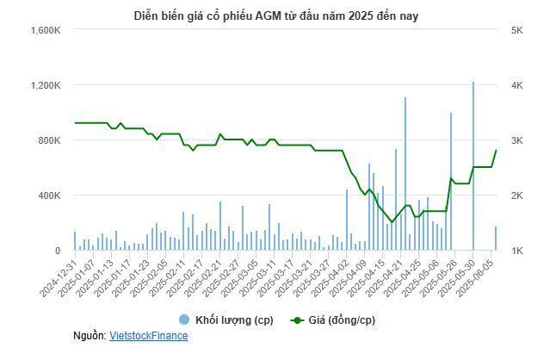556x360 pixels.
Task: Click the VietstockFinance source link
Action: pyautogui.click(x=148, y=335)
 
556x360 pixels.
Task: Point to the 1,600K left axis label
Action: pyautogui.click(x=44, y=30)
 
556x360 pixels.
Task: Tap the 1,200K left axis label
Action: pyautogui.click(x=44, y=85)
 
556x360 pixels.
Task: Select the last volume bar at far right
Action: pyautogui.click(x=495, y=239)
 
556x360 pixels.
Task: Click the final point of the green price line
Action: pyautogui.click(x=495, y=151)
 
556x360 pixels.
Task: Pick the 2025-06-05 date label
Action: pyautogui.click(x=481, y=278)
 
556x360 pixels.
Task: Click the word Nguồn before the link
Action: pyautogui.click(x=90, y=335)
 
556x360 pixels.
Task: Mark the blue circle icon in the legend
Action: pyautogui.click(x=182, y=320)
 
